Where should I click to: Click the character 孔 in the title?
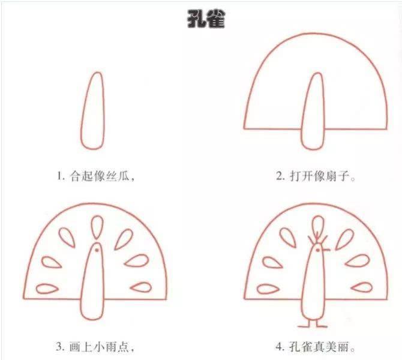click(195, 19)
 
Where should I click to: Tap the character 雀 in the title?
click(214, 19)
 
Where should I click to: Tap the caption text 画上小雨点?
click(106, 346)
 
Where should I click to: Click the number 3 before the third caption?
click(60, 346)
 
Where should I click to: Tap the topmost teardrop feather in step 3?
click(95, 227)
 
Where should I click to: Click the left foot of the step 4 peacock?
click(304, 325)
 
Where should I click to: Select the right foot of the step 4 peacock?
click(320, 325)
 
